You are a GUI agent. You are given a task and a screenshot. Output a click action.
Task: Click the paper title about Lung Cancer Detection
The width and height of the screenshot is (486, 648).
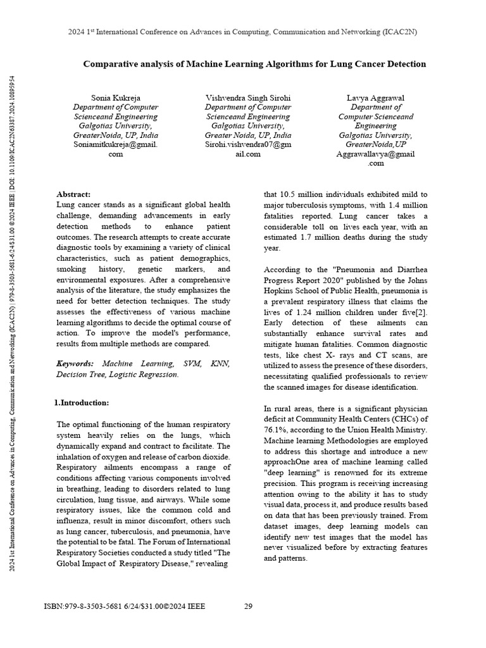click(255, 64)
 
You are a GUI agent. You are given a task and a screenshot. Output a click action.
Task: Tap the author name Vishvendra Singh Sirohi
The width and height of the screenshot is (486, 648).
click(248, 97)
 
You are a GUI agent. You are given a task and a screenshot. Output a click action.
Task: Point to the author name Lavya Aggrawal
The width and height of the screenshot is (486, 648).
click(376, 97)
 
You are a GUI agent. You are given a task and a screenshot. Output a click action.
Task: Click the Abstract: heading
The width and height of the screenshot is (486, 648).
click(73, 194)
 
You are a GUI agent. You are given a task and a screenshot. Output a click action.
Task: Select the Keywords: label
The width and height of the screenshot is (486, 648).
click(75, 364)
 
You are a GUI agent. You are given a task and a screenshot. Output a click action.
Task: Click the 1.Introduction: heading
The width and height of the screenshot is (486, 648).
click(82, 402)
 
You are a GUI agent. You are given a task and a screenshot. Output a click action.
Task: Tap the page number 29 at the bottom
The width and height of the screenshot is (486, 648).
click(249, 606)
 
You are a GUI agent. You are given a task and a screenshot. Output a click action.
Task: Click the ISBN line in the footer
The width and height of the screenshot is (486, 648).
click(124, 606)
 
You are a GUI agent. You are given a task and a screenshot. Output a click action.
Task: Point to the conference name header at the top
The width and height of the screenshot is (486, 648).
click(242, 32)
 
